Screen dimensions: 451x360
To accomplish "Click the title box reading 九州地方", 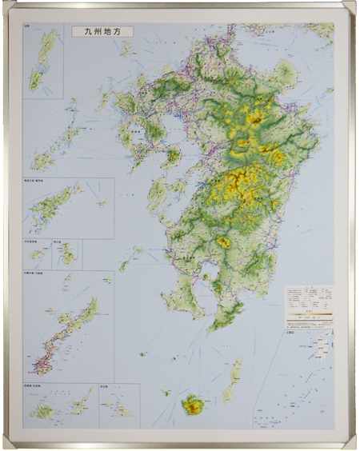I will coord(102,33).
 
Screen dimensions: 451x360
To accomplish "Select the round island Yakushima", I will coord(192,405).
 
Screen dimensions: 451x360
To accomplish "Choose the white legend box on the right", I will coord(308,305).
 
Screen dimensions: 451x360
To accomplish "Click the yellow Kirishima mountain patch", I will coord(223,241).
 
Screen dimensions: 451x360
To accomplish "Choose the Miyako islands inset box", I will coord(118,405).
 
